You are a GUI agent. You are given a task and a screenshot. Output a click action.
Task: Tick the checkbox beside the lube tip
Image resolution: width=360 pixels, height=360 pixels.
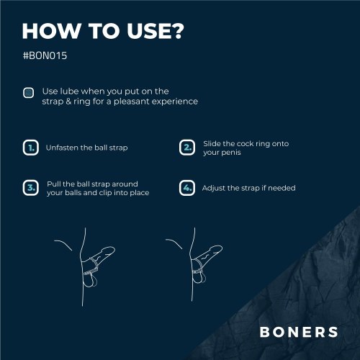pyautogui.click(x=29, y=92)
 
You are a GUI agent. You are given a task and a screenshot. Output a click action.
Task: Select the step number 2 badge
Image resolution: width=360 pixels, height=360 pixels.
pyautogui.click(x=186, y=148)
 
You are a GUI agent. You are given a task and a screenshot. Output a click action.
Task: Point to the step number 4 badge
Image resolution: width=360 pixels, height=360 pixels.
pyautogui.click(x=186, y=188)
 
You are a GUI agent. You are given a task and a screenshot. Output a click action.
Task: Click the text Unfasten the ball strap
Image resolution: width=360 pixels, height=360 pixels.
pyautogui.click(x=86, y=148)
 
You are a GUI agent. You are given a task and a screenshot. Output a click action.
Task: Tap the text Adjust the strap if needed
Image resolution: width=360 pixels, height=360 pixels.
pyautogui.click(x=248, y=188)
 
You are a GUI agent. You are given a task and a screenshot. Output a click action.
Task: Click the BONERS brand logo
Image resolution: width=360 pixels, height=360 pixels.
pyautogui.click(x=299, y=332)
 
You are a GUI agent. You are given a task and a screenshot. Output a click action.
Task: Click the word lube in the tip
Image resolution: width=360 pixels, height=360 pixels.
pyautogui.click(x=70, y=91)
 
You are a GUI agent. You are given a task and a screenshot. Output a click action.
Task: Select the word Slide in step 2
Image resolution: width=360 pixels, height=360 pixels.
pyautogui.click(x=212, y=143)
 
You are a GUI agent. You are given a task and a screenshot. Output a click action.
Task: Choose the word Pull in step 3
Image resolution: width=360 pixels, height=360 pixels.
pyautogui.click(x=55, y=184)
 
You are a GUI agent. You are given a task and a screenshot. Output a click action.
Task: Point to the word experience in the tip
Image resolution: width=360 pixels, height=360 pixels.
pyautogui.click(x=176, y=102)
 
